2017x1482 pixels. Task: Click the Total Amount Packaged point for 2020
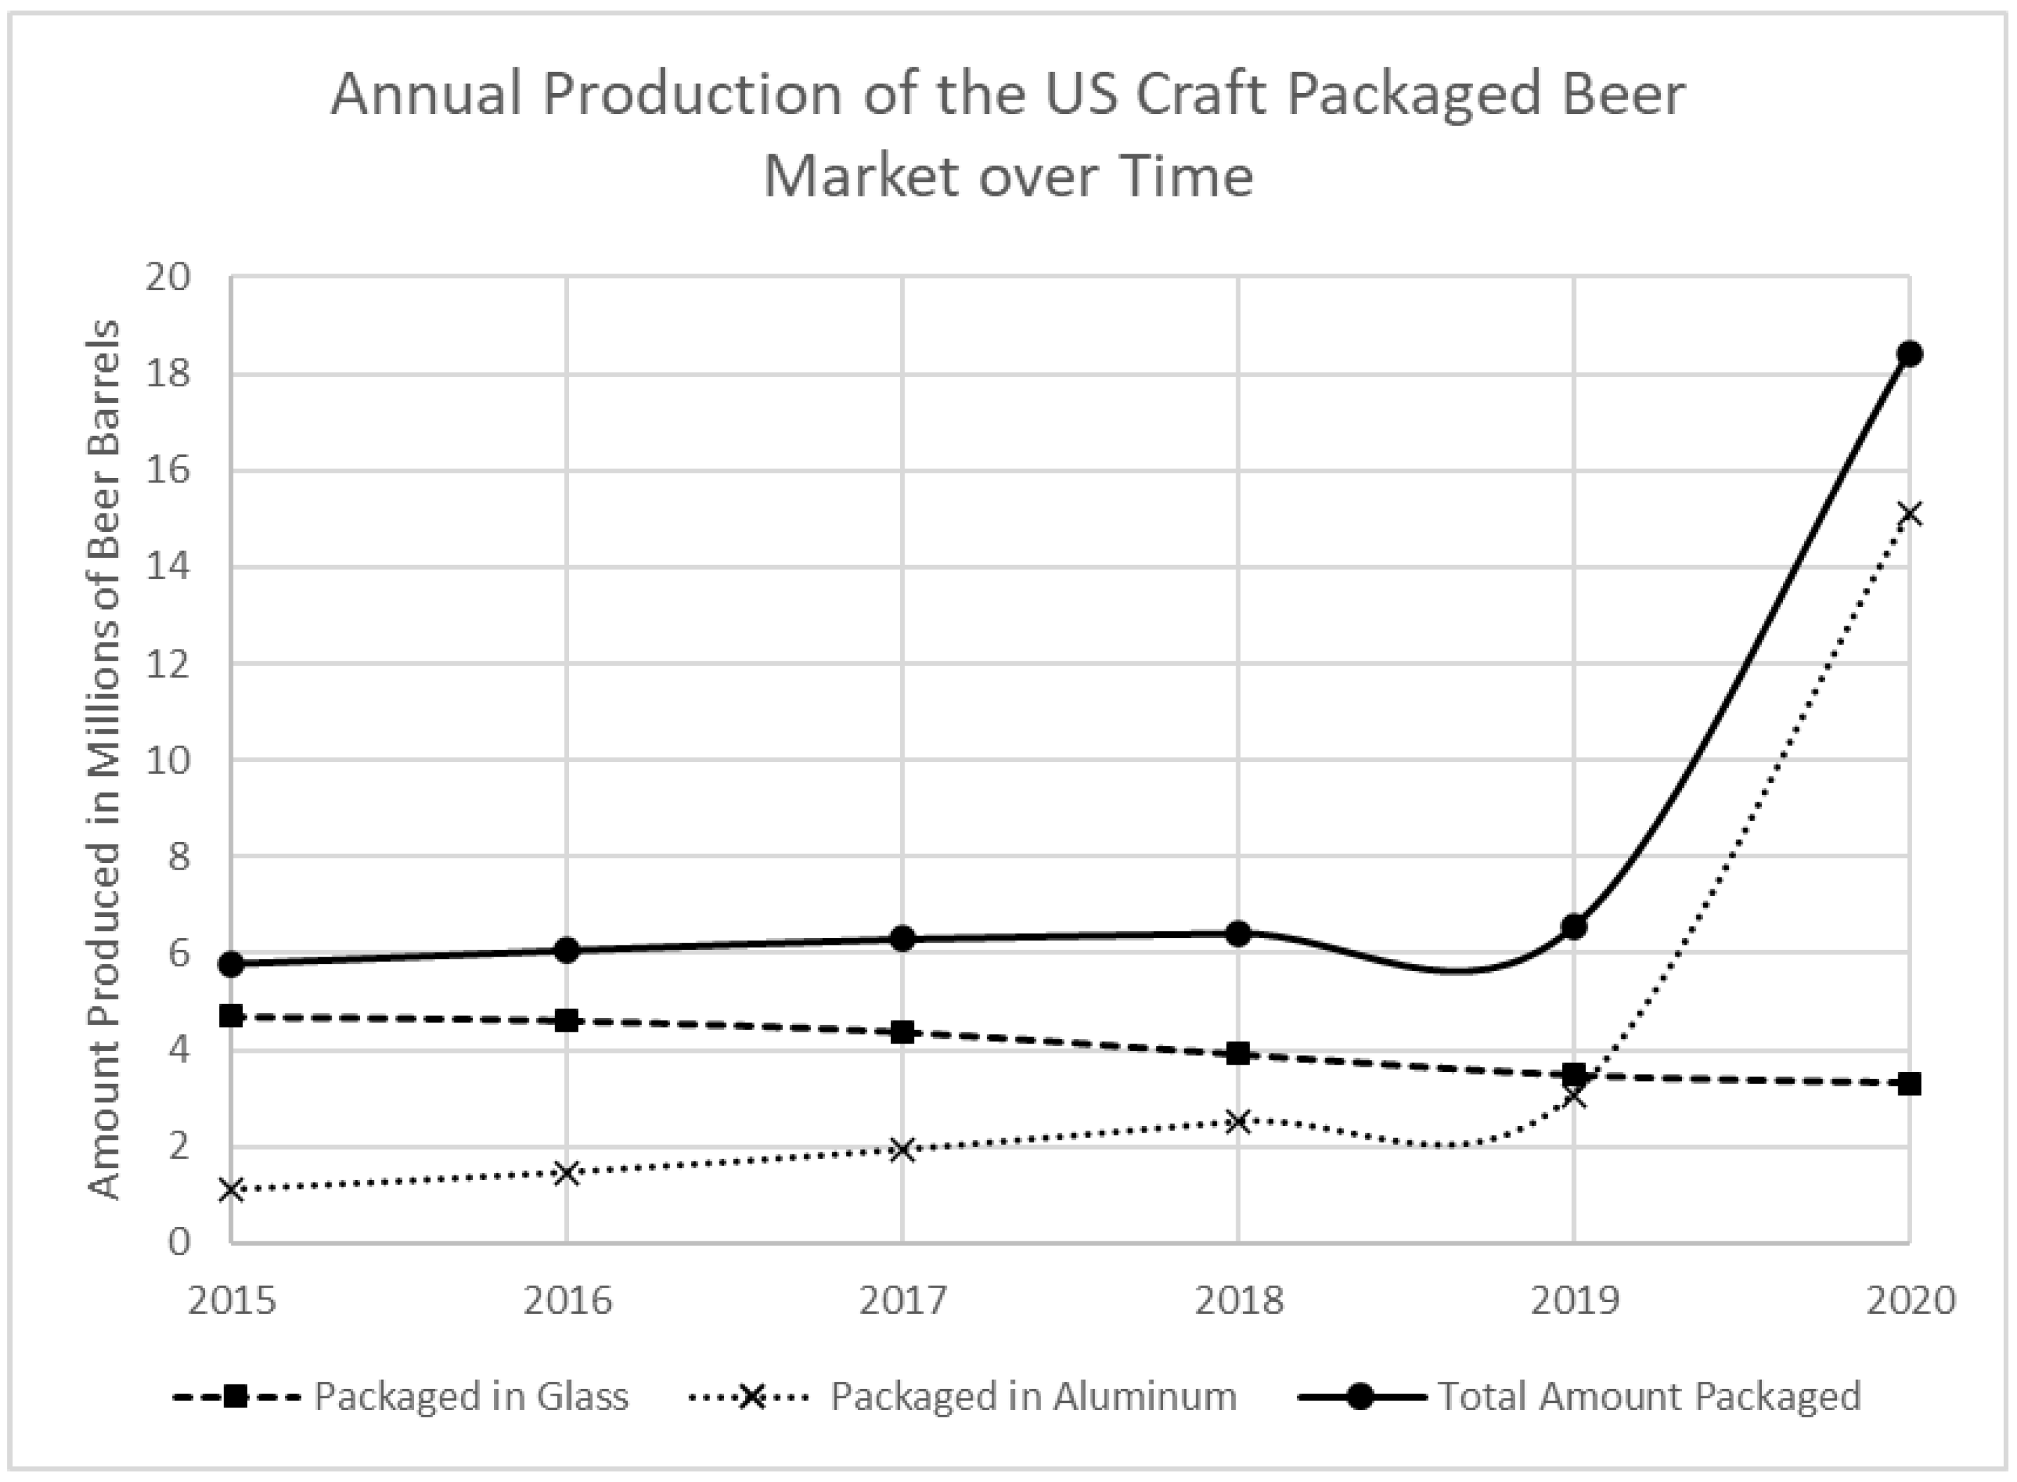pos(1910,353)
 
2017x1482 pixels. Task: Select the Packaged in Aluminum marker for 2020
pos(1910,514)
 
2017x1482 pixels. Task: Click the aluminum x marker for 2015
pos(231,1191)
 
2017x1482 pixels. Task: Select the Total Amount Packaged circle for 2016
pos(566,950)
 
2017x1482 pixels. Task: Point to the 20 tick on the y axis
pos(169,277)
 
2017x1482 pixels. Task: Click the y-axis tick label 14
pos(169,567)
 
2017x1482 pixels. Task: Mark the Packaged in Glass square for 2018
pos(1238,1053)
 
